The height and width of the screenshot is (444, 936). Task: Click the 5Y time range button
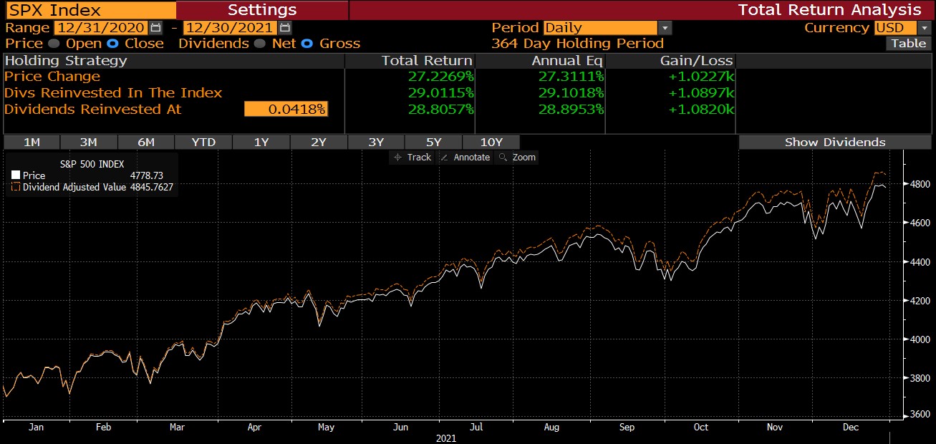click(x=433, y=142)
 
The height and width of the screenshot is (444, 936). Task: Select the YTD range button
click(x=203, y=142)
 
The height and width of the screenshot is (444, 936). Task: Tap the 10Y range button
click(x=491, y=142)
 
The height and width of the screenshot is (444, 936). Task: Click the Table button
click(x=908, y=43)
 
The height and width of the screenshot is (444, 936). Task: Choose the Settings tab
click(x=261, y=10)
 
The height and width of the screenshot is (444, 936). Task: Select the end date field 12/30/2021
click(x=229, y=28)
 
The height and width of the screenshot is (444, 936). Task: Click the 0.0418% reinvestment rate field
click(x=286, y=109)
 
